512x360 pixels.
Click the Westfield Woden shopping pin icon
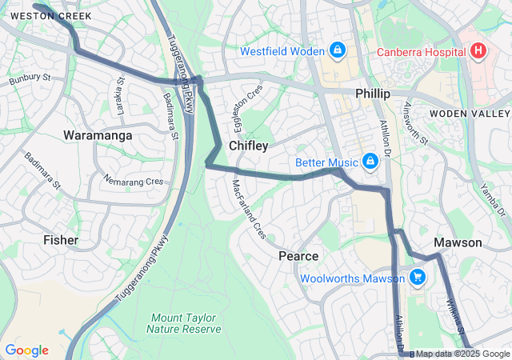coord(337,50)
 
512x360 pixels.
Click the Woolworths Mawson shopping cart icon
coord(417,278)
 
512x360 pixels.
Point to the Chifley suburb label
coord(248,146)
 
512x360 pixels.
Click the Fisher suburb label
coord(61,240)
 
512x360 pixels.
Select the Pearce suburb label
coord(298,256)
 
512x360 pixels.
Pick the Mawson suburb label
coord(458,242)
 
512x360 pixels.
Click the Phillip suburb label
coord(373,94)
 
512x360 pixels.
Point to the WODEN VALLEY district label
coord(470,114)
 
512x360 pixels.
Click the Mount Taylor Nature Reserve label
coord(185,322)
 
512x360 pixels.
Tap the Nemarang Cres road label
coord(134,182)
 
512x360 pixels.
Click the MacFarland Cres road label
coord(249,210)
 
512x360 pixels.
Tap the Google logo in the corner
coord(26,350)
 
